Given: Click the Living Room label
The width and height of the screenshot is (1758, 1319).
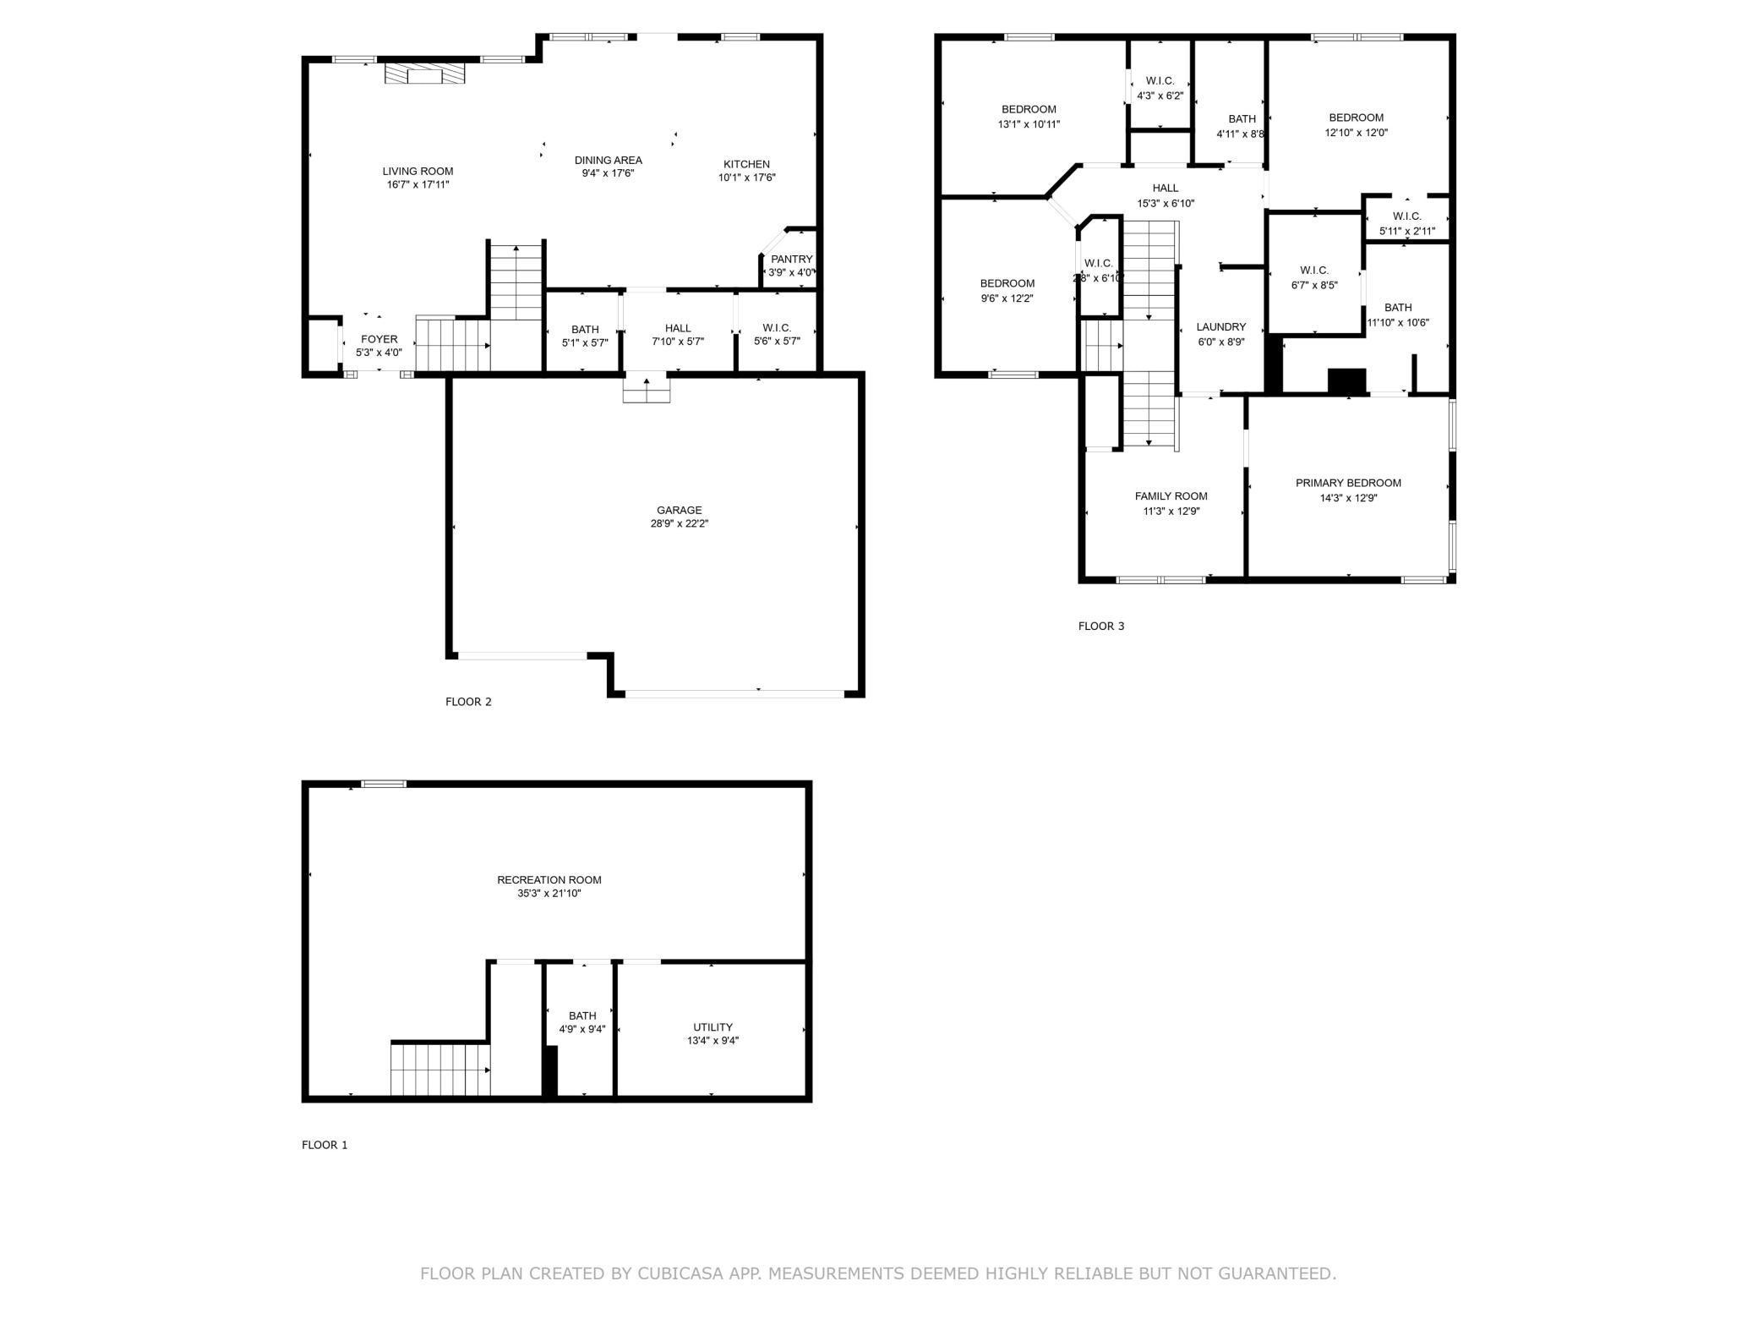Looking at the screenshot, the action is (x=418, y=171).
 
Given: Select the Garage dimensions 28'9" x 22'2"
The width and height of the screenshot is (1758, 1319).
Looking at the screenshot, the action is (x=679, y=523).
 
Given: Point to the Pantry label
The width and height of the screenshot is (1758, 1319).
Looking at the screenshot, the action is (x=792, y=259).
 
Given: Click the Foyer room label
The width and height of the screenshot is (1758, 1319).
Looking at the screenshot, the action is (x=379, y=339).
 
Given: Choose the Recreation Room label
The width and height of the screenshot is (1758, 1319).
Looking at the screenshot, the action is (x=549, y=880).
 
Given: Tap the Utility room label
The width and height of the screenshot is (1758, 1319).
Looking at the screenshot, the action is (x=713, y=1027).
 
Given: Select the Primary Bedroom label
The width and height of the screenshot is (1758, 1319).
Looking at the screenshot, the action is (x=1348, y=483).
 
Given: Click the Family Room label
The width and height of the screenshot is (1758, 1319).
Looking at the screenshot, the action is (x=1171, y=496).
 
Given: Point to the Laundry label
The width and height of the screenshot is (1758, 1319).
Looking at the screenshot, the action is (x=1221, y=327).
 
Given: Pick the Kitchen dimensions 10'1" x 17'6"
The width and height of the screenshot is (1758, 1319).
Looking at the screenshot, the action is (x=747, y=178).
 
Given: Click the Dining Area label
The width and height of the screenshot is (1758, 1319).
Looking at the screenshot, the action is (x=609, y=160).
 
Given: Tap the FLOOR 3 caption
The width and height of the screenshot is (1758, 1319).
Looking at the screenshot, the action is (x=1101, y=627).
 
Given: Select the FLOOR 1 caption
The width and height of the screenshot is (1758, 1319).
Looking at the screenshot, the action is (x=325, y=1145).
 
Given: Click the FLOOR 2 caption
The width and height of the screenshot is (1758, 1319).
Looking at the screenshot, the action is (x=468, y=702).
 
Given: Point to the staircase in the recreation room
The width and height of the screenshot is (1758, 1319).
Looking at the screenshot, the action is (x=440, y=1070).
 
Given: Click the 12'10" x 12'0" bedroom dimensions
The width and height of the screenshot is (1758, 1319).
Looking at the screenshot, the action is (x=1356, y=133).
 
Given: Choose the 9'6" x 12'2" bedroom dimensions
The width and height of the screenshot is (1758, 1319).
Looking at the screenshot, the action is (x=1007, y=298).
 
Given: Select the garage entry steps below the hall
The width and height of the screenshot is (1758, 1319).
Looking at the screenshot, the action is (x=647, y=390).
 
